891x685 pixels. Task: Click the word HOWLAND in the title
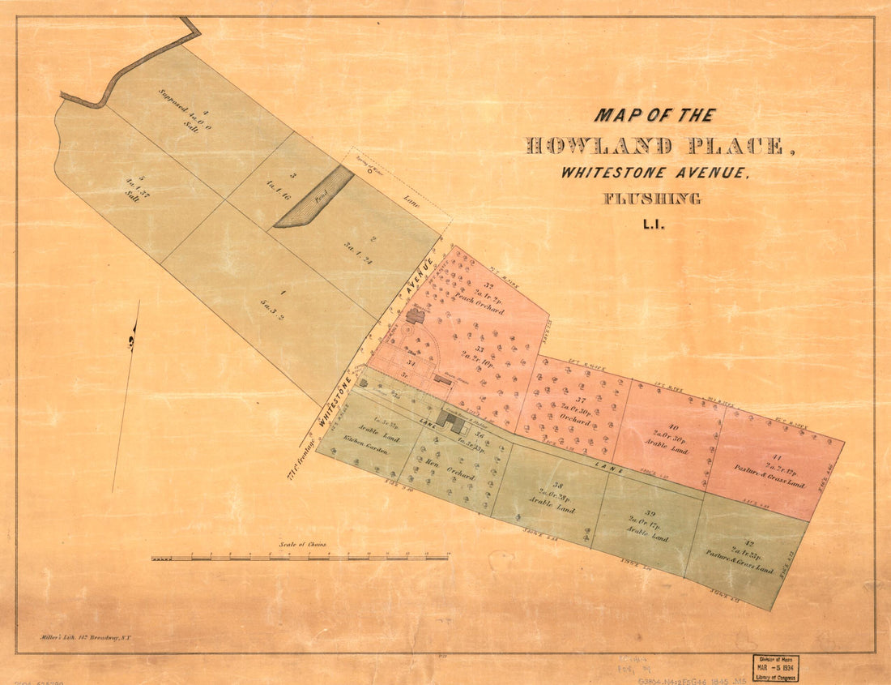[x=599, y=147]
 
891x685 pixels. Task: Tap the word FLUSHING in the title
[x=651, y=199]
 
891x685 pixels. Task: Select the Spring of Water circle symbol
[x=370, y=171]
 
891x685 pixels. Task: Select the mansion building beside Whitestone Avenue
[x=416, y=315]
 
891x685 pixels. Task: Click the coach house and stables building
[x=451, y=420]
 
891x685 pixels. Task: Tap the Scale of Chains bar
[x=300, y=558]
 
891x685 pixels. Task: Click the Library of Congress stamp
[x=775, y=667]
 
